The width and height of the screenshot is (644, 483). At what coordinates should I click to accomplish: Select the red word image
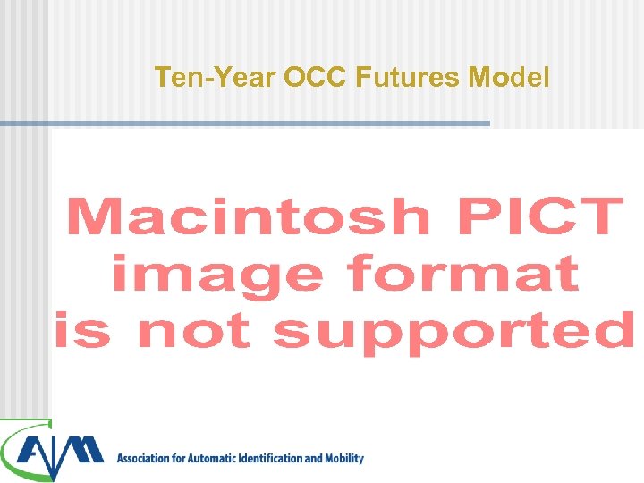point(215,274)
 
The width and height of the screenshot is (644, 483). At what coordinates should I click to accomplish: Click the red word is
point(80,330)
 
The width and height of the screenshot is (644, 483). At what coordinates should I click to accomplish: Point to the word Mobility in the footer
point(344,459)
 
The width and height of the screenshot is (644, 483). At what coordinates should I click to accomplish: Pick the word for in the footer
point(182,459)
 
